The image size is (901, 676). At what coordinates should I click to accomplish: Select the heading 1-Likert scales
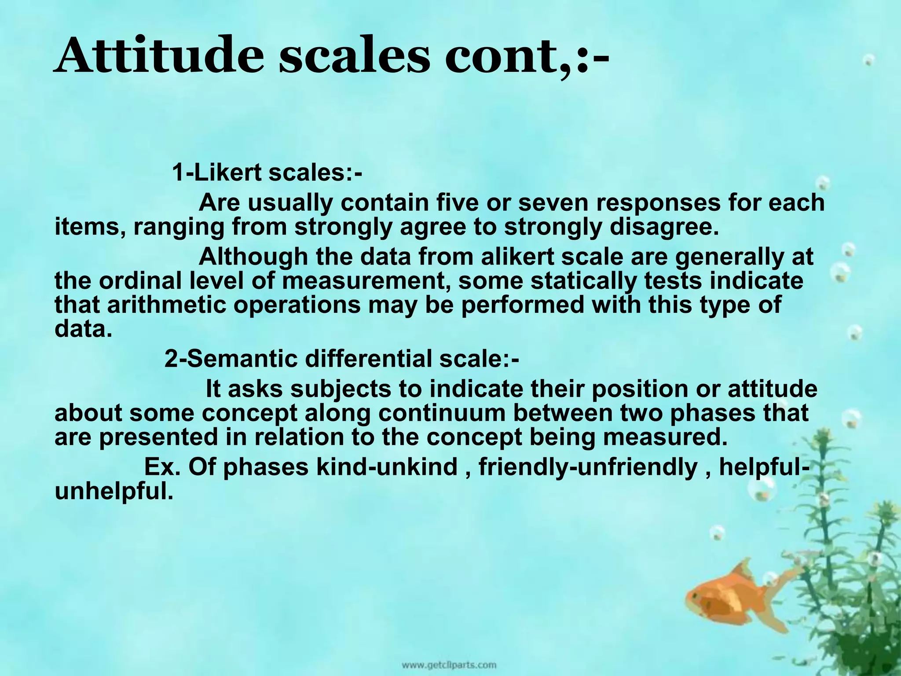coord(267,173)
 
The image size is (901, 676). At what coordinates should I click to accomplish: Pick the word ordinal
coord(140,281)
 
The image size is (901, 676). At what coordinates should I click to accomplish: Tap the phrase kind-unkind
coord(387,467)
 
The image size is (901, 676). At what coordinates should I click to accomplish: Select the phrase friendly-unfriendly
coord(588,467)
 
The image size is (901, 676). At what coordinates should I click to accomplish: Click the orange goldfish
coord(726,599)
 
